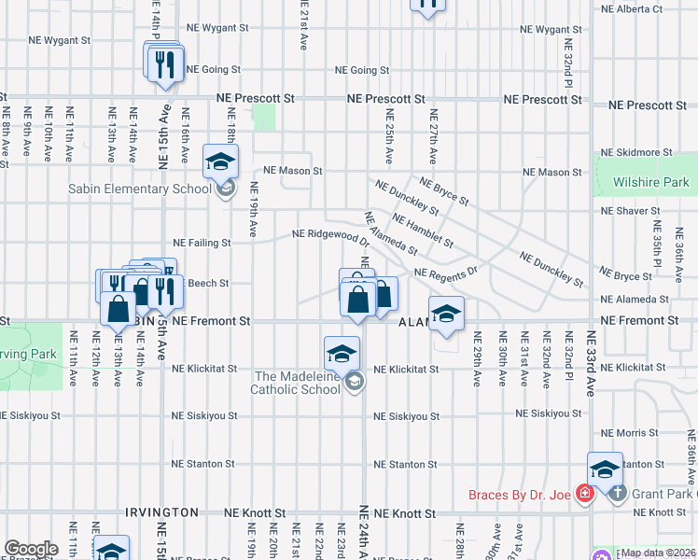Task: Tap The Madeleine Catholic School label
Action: tap(297, 383)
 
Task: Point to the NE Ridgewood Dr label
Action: tap(325, 234)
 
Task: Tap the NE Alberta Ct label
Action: tap(632, 8)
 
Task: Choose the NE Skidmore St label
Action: tap(637, 152)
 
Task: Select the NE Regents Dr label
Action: tap(446, 273)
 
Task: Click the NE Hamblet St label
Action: tap(423, 231)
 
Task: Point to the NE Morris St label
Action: tap(630, 434)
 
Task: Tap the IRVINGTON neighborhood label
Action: tap(161, 512)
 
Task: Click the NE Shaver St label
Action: tap(632, 212)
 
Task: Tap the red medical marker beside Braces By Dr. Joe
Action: tap(585, 493)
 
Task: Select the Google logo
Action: tap(31, 549)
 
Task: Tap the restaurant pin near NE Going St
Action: tap(164, 63)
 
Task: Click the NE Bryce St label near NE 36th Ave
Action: tap(626, 277)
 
